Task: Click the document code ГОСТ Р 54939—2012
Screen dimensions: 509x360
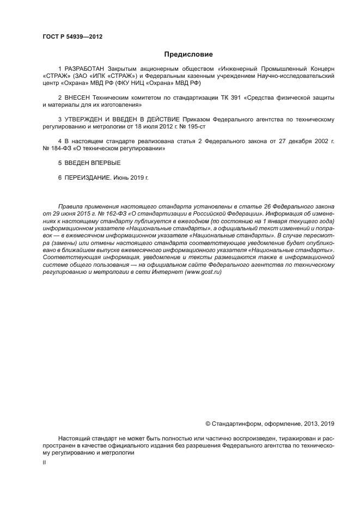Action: [72, 37]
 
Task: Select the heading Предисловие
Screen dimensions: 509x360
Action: [188, 54]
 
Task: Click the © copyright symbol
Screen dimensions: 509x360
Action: [208, 424]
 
